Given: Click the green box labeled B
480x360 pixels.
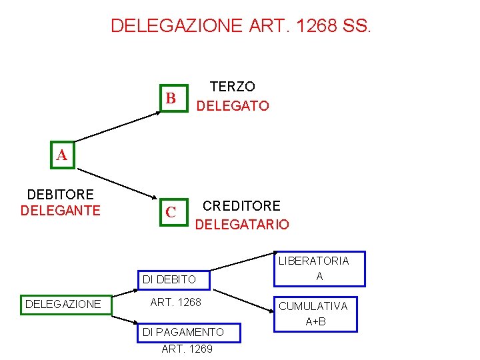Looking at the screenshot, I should pyautogui.click(x=171, y=99).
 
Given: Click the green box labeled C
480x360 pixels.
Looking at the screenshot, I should pyautogui.click(x=171, y=212).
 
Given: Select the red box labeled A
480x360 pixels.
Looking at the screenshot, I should pyautogui.click(x=62, y=155).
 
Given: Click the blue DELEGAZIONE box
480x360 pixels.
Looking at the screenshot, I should pyautogui.click(x=63, y=304).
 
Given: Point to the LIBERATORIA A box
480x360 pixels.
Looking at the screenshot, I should pyautogui.click(x=319, y=268).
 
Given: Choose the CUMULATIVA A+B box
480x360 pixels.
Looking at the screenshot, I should pyautogui.click(x=315, y=313).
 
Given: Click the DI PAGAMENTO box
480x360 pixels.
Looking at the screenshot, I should pyautogui.click(x=183, y=331).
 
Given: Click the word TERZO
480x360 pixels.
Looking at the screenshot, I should pyautogui.click(x=232, y=87).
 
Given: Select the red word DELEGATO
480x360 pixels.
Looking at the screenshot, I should pyautogui.click(x=233, y=106).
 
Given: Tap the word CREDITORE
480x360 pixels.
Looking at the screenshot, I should pyautogui.click(x=241, y=205).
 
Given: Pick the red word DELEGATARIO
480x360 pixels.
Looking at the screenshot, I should pyautogui.click(x=242, y=225).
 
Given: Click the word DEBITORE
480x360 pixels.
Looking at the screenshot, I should pyautogui.click(x=60, y=195).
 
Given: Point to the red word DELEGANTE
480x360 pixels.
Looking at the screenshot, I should pyautogui.click(x=60, y=211).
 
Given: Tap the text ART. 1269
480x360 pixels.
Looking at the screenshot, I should pyautogui.click(x=187, y=349).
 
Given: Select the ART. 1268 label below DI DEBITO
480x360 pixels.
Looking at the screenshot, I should pyautogui.click(x=176, y=303).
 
